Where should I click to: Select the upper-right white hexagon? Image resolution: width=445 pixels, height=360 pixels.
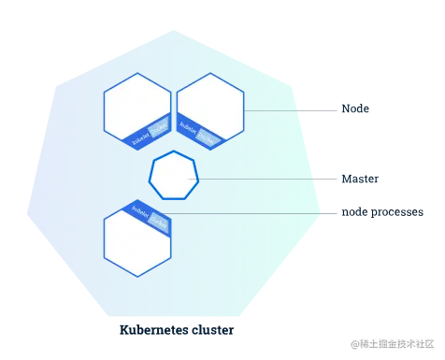point(210,108)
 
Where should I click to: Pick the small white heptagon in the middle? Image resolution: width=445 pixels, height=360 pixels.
point(174,176)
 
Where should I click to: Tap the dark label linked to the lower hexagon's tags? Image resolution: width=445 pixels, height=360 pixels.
point(374,213)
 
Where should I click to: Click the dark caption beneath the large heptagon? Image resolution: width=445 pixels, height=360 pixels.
point(179,330)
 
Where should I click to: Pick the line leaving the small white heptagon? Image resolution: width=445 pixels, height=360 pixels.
point(262,177)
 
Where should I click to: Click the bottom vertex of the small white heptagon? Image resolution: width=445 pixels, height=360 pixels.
point(174,198)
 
